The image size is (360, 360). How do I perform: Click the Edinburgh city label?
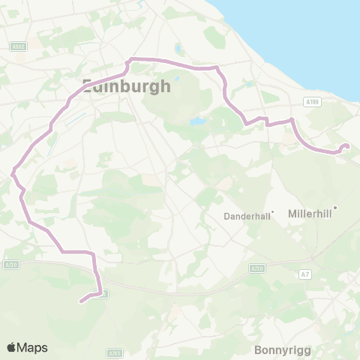tap(126, 85)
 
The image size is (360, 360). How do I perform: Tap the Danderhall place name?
tap(247, 216)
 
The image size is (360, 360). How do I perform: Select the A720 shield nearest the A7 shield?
tap(257, 268)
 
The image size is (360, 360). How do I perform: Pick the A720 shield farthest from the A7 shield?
tap(10, 264)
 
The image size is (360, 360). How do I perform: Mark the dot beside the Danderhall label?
tap(274, 212)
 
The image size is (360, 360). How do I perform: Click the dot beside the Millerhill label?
tap(335, 208)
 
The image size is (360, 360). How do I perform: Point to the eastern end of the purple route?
tap(346, 146)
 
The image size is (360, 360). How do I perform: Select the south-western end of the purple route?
tap(79, 302)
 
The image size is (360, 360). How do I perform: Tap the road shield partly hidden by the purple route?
tap(103, 293)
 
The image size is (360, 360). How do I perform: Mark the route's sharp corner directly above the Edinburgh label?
tap(130, 58)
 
